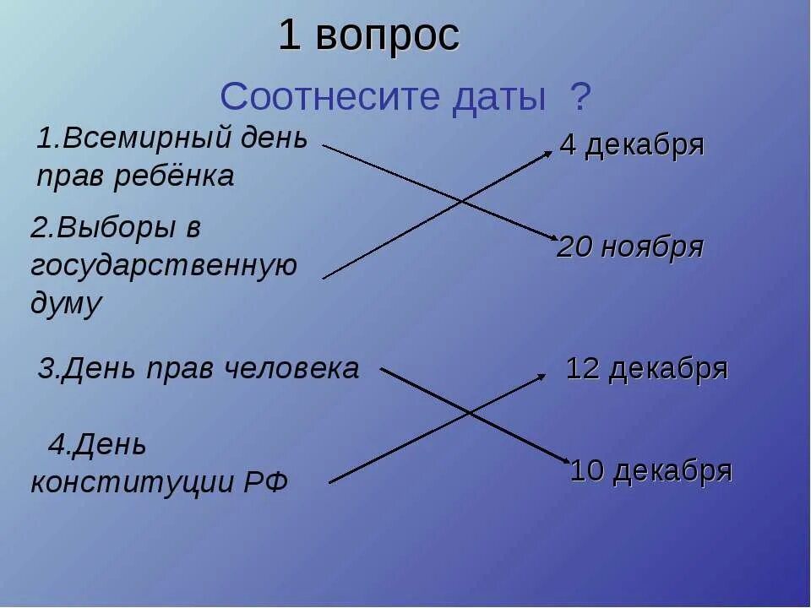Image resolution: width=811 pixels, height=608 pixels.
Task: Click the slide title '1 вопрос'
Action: (369, 36)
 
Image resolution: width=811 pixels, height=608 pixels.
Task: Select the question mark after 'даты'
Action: (581, 98)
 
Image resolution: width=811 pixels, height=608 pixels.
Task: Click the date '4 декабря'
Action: (632, 145)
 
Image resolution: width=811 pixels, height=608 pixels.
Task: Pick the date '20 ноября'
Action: (630, 247)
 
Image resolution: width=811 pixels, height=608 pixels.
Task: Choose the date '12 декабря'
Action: (646, 369)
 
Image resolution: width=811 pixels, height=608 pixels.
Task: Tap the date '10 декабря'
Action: (651, 470)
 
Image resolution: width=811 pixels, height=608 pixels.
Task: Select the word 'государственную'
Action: (164, 265)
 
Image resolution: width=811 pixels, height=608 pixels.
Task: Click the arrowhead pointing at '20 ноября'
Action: (552, 239)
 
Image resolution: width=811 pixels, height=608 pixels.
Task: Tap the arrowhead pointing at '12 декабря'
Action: (543, 377)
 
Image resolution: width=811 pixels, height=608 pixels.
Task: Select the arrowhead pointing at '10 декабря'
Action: (567, 460)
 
